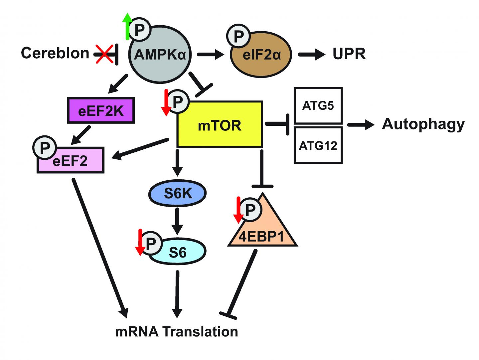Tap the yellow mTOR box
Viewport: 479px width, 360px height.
[x=220, y=125]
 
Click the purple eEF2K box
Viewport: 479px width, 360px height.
[x=101, y=111]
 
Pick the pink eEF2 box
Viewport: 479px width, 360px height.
[x=71, y=161]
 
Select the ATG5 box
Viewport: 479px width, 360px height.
[x=318, y=106]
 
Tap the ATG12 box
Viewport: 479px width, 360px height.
[x=318, y=145]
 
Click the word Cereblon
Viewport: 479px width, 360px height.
[x=55, y=53]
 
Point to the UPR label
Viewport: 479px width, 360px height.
[x=349, y=54]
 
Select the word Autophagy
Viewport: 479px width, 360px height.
[x=423, y=124]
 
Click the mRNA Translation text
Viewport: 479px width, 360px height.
[x=176, y=332]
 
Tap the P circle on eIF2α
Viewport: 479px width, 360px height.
[x=239, y=36]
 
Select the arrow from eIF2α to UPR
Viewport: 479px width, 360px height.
[x=311, y=55]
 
